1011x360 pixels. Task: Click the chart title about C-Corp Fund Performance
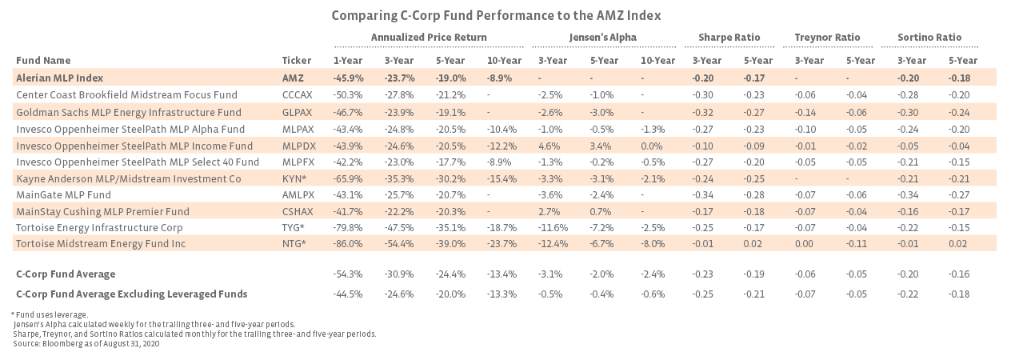tap(496, 15)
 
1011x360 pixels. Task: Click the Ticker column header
tap(296, 61)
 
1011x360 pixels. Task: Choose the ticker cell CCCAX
tap(298, 95)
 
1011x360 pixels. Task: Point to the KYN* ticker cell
tap(294, 179)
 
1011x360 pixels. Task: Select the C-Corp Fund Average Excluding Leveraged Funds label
tap(131, 294)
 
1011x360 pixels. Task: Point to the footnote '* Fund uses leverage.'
tap(50, 314)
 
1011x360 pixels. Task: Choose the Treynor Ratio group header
tap(827, 38)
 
